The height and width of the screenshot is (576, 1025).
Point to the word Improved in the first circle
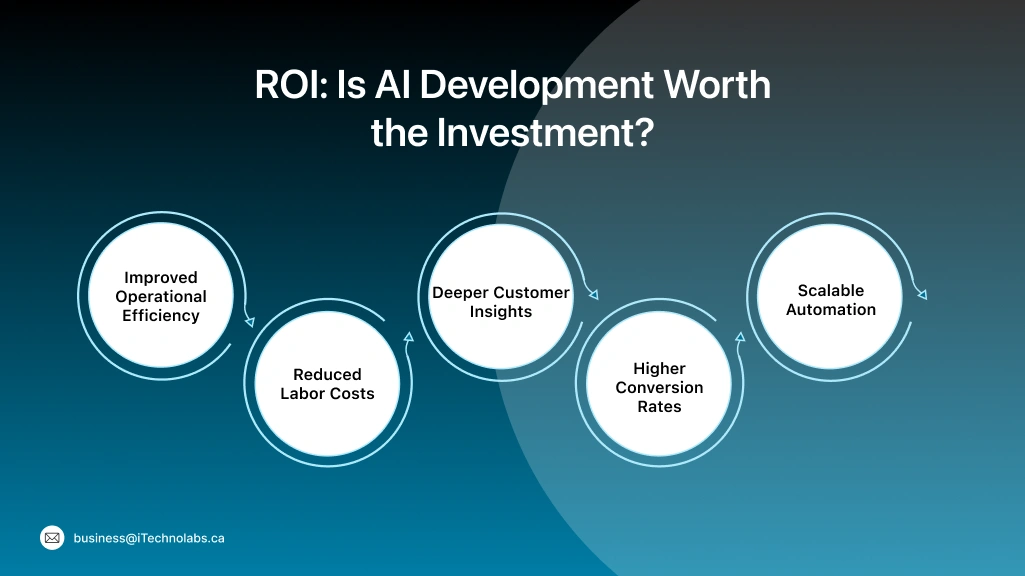[x=161, y=278]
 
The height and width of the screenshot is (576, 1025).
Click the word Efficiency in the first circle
[x=161, y=316]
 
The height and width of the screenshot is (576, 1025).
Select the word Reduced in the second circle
[x=327, y=375]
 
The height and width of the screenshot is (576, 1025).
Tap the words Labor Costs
[x=327, y=394]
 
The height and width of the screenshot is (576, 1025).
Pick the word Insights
[x=501, y=312]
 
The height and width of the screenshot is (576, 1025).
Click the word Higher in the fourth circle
[x=659, y=369]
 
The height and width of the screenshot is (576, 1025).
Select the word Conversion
[x=659, y=388]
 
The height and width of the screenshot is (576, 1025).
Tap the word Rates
[x=659, y=407]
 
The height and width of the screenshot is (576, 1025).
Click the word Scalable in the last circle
[x=830, y=291]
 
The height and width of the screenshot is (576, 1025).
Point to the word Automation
[x=830, y=310]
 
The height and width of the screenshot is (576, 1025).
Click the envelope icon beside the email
[x=52, y=538]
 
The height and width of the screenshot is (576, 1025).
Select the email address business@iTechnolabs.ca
[x=149, y=538]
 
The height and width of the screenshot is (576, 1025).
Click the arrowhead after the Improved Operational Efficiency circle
[x=249, y=322]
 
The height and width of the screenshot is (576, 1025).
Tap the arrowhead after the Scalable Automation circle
[x=922, y=294]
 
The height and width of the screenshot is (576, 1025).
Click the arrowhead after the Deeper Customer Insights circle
[x=593, y=295]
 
